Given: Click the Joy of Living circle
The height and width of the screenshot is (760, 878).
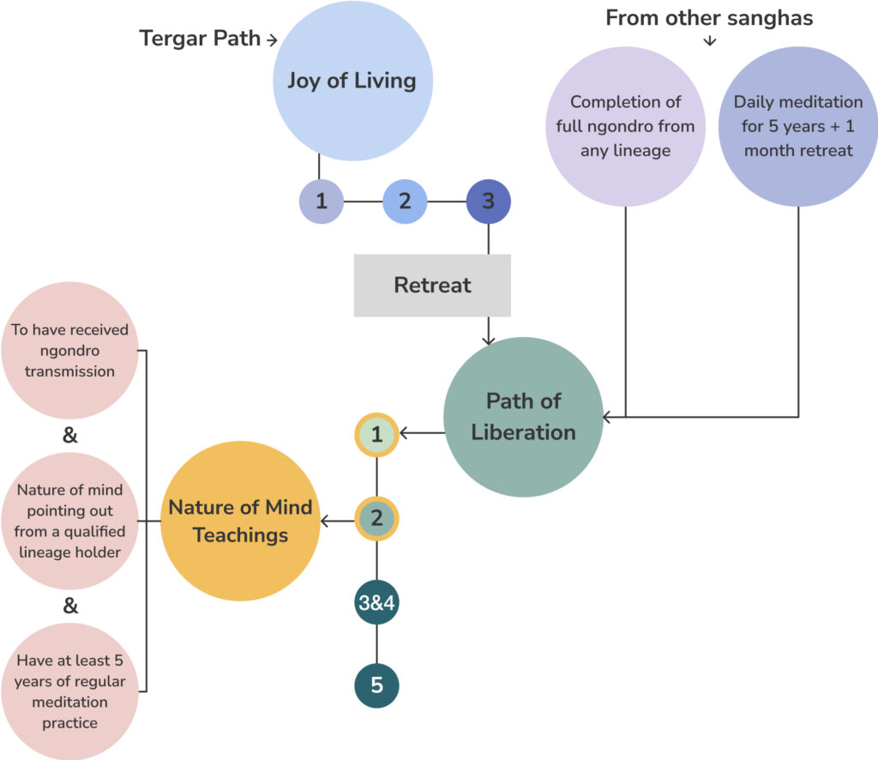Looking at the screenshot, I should [352, 81].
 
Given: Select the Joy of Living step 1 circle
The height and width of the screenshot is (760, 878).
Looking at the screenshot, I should [321, 202].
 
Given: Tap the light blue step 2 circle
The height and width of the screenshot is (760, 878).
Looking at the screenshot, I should [405, 202].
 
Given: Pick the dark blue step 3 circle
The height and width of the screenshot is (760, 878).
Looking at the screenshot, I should [488, 202].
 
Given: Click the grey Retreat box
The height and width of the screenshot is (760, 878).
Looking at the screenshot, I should [432, 285].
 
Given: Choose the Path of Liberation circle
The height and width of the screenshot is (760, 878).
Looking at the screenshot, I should [523, 417].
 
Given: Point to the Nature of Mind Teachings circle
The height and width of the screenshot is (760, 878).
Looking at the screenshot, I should [240, 521].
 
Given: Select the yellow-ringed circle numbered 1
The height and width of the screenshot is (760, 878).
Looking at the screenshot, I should [377, 434].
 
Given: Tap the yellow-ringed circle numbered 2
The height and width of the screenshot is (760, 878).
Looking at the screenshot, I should [377, 518].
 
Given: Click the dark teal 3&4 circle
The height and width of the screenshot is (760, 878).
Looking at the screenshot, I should [377, 603].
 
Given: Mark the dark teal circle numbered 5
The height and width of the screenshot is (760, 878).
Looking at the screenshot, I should [377, 685].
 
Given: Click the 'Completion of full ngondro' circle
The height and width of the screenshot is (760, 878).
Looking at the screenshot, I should [625, 126].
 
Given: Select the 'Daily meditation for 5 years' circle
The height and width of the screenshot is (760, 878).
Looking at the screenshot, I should [798, 126].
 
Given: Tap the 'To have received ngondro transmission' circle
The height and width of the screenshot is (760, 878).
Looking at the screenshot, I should [70, 351].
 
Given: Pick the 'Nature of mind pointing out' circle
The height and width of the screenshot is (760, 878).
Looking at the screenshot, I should [70, 521].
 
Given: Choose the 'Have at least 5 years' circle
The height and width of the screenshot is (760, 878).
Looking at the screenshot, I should [70, 691].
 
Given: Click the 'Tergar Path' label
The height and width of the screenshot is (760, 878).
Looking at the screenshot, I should [201, 39].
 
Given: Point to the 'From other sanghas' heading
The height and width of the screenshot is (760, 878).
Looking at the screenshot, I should [710, 18].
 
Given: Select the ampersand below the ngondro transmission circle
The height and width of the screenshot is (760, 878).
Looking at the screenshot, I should [70, 436].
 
